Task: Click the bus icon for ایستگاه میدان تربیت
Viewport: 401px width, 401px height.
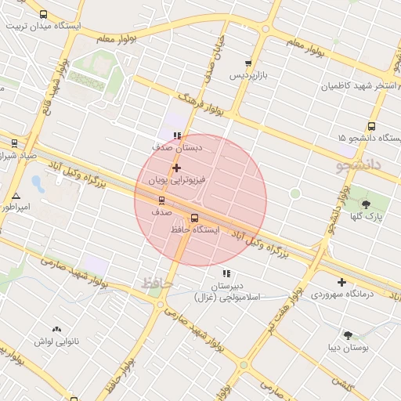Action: [42, 14]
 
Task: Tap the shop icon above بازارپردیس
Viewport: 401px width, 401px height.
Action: [248, 63]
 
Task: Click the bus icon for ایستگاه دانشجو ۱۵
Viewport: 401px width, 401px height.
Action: [371, 126]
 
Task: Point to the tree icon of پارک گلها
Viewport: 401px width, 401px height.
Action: [367, 204]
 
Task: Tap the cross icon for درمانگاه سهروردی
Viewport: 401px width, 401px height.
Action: [341, 282]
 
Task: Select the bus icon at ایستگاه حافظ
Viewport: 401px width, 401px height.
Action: [194, 219]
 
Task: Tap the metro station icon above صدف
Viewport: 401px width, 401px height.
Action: [162, 200]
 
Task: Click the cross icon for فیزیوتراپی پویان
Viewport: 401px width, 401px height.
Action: [176, 168]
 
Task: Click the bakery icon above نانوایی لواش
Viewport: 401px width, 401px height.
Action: [56, 330]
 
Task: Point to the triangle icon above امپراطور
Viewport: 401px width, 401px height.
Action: [16, 196]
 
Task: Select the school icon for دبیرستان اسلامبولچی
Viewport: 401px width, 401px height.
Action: [227, 273]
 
